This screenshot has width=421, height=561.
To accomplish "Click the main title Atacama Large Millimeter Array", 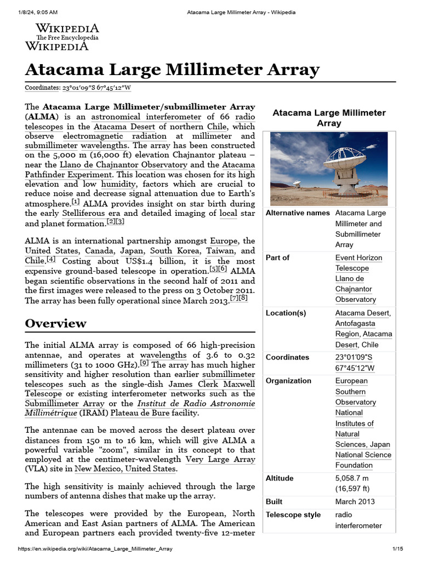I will [x=172, y=70].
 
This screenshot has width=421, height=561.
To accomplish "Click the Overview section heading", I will [x=55, y=323].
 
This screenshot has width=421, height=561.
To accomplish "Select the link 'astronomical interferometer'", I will [x=146, y=117].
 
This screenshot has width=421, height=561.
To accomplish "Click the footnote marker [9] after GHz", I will [x=144, y=363].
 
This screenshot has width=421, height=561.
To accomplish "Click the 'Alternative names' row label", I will [x=298, y=213].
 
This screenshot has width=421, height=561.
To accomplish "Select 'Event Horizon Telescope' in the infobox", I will [x=359, y=263].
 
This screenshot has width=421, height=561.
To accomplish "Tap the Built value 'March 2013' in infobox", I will [x=355, y=501].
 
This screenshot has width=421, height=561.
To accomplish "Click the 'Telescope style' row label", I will [x=293, y=515].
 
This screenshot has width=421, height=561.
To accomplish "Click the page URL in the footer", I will [x=96, y=549].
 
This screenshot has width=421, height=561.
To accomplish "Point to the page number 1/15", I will [x=397, y=549].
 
